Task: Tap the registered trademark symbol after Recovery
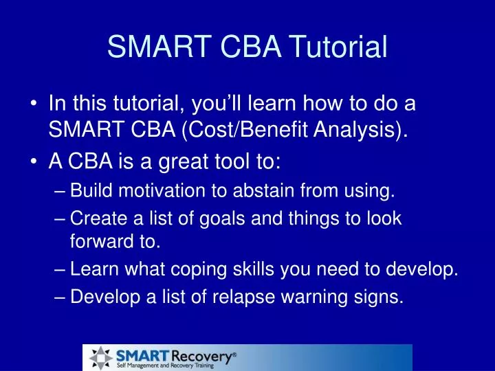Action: click(234, 353)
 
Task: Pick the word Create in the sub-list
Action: click(93, 218)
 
